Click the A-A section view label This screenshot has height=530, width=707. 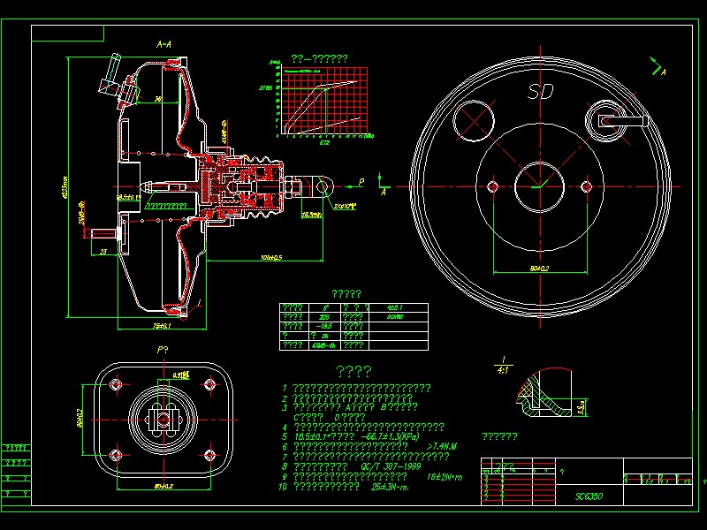coord(163,43)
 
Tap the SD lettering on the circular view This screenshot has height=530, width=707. coord(540,91)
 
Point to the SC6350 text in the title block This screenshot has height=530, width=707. coord(589,496)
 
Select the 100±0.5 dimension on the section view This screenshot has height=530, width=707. coord(270,258)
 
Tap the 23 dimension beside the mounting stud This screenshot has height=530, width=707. coord(103,252)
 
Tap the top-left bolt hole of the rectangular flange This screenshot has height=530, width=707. coord(116,384)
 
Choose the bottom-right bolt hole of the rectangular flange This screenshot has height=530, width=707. coord(209,455)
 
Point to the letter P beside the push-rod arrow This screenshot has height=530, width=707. coord(361,181)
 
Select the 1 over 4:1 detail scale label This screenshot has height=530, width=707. coord(504,365)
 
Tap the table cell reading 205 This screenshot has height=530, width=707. coord(324,315)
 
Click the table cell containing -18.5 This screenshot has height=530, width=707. coord(324,325)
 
